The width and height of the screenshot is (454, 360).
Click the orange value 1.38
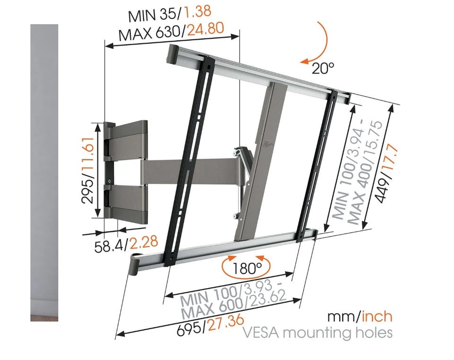198,12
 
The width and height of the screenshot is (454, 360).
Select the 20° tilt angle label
323,68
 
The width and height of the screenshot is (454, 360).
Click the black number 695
190,330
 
